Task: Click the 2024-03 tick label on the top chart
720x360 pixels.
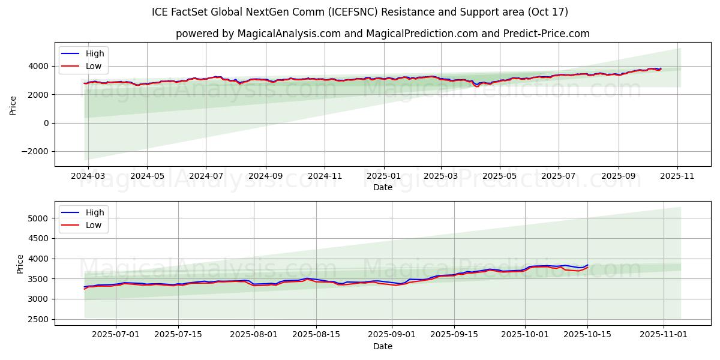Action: coord(88,176)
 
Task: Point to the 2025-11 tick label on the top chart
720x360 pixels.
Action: coord(677,176)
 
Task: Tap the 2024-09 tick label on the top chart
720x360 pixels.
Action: coord(265,176)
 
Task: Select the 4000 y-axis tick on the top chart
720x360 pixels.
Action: coord(39,66)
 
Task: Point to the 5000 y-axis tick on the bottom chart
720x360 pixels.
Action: coord(39,218)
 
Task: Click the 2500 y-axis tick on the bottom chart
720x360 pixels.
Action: coord(39,319)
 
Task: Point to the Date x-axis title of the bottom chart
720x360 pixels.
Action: coord(383,346)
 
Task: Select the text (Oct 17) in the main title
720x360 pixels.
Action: coord(548,12)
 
